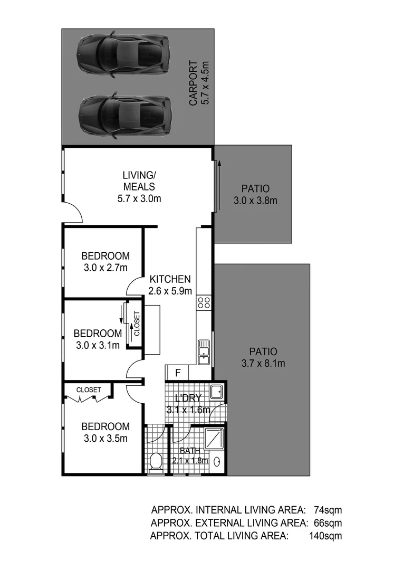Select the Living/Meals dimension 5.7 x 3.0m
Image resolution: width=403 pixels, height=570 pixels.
pos(139,199)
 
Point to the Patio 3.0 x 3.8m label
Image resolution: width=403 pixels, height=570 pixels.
pos(255,200)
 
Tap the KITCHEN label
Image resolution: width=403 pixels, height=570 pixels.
pos(170,279)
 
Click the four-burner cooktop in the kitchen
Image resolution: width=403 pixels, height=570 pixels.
pos(204,302)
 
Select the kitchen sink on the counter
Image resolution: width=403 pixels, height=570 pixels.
pos(204,352)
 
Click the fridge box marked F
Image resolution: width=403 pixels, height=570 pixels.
pos(178,372)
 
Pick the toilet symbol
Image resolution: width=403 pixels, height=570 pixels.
pos(156,463)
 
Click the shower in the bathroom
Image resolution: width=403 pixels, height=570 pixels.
pos(214,437)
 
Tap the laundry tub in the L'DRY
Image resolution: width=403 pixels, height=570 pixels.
pos(216,392)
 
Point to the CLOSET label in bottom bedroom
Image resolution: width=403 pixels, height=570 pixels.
pos(89,389)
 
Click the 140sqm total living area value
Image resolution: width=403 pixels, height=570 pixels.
pos(325,536)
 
